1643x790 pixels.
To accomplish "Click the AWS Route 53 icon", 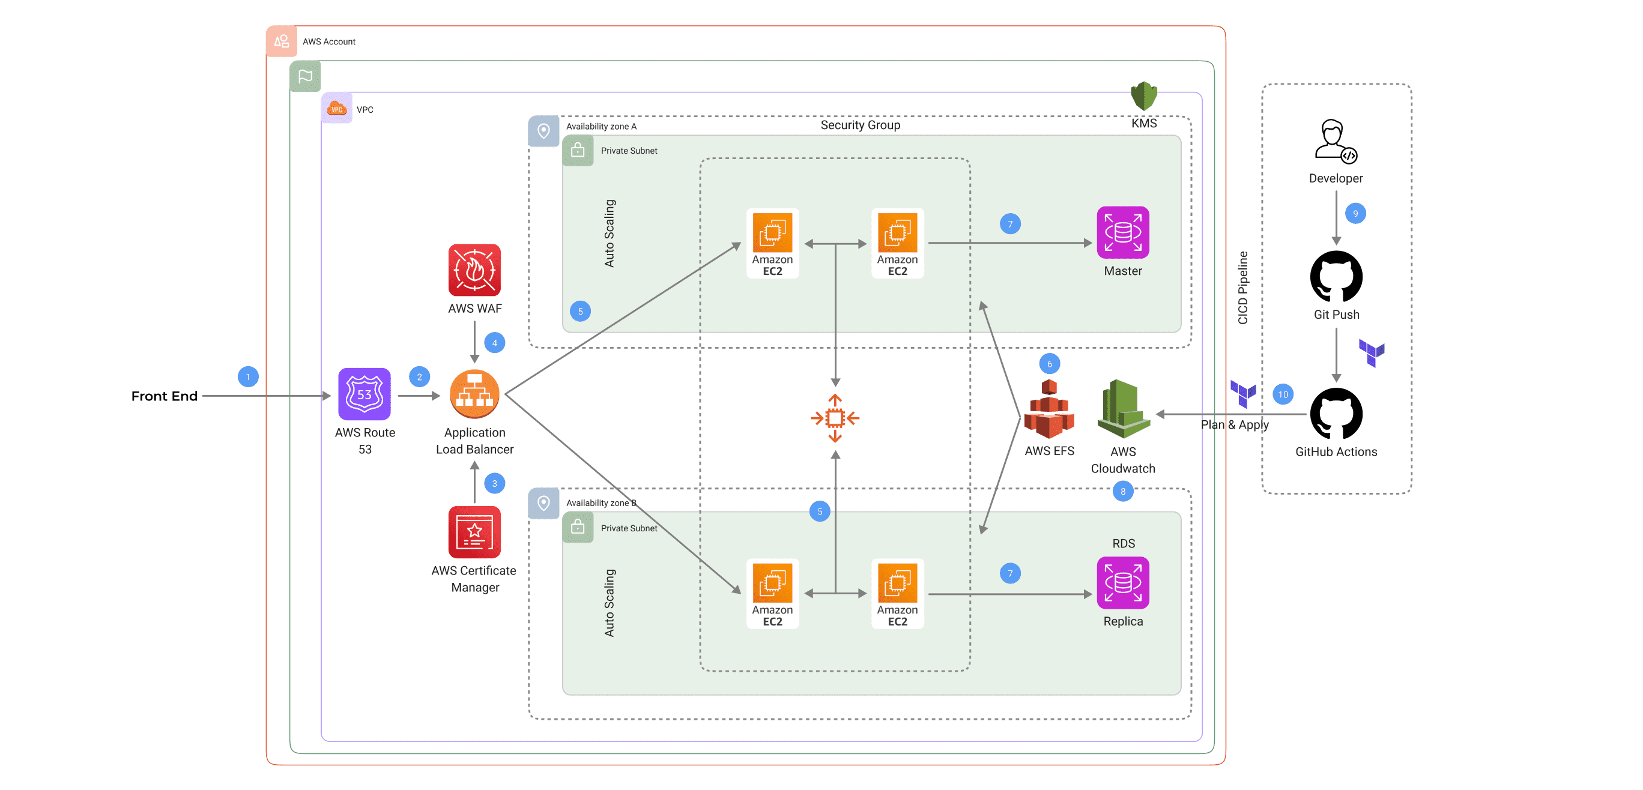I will [x=364, y=394].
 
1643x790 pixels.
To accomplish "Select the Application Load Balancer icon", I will [x=474, y=394].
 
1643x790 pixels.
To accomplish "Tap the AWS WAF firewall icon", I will [x=474, y=270].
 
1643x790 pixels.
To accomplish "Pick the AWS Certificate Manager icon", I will [x=474, y=532].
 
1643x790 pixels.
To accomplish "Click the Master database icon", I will [x=1122, y=232].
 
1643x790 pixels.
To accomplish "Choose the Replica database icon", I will [x=1122, y=582].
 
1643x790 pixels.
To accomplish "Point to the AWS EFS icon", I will [x=1048, y=409].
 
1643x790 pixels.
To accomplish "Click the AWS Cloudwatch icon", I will [x=1122, y=409].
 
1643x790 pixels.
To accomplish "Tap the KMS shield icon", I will [x=1143, y=95].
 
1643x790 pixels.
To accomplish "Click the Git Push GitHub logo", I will [x=1336, y=276].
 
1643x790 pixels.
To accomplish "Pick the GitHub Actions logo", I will [x=1336, y=413].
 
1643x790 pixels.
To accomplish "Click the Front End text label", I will [x=164, y=396].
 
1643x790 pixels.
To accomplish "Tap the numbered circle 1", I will [x=248, y=377].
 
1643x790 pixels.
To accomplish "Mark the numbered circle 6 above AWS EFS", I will [x=1049, y=363].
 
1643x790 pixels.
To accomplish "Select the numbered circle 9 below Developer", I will [x=1355, y=213].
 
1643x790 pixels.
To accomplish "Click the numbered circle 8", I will [x=1122, y=491].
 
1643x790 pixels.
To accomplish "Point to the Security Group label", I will [x=860, y=125].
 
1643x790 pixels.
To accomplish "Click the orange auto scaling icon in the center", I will [x=835, y=418].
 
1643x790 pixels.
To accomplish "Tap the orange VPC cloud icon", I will [x=336, y=109].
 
